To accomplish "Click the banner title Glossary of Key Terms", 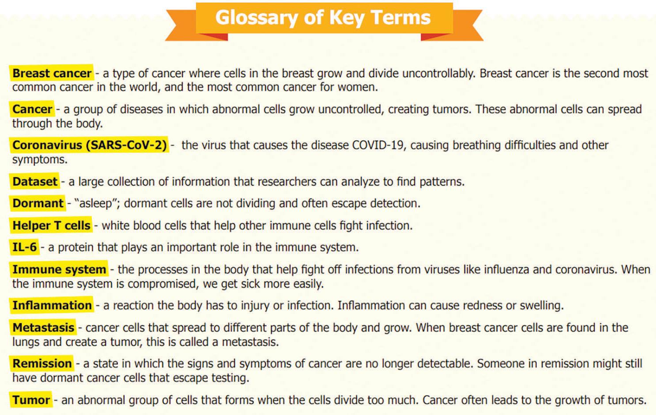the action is [x=323, y=18].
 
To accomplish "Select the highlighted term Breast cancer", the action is [x=52, y=73].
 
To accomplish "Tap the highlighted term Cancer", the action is [x=32, y=109].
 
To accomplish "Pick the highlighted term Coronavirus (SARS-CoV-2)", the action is [x=89, y=145].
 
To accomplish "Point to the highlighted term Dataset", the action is [x=35, y=181].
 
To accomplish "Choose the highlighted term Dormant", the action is [x=38, y=203].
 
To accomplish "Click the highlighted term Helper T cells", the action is [x=51, y=225].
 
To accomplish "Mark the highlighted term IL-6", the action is [x=25, y=247].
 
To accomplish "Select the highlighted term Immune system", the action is [x=59, y=269].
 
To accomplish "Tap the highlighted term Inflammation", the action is [x=52, y=305].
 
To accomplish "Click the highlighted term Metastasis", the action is [x=43, y=328].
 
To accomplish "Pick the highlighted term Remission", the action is [x=42, y=363].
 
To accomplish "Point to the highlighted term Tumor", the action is [x=31, y=400].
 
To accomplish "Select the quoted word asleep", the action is [x=95, y=203].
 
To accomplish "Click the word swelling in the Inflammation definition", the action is [x=541, y=306].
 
